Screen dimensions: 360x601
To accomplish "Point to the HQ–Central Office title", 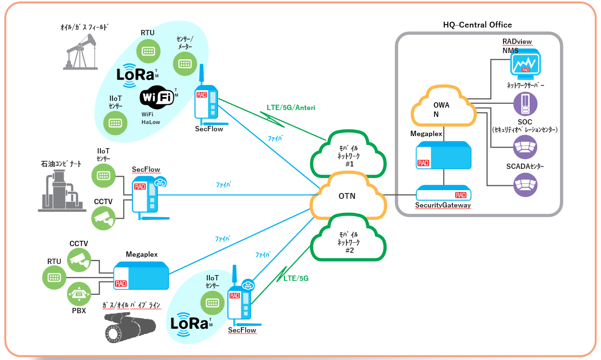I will tap(477, 25).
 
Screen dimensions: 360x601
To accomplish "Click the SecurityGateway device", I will tap(443, 194).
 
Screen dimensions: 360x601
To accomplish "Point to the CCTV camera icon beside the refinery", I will tap(104, 218).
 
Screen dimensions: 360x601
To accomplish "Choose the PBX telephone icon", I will tap(79, 293).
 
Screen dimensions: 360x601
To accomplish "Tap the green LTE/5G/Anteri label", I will tap(291, 108).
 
